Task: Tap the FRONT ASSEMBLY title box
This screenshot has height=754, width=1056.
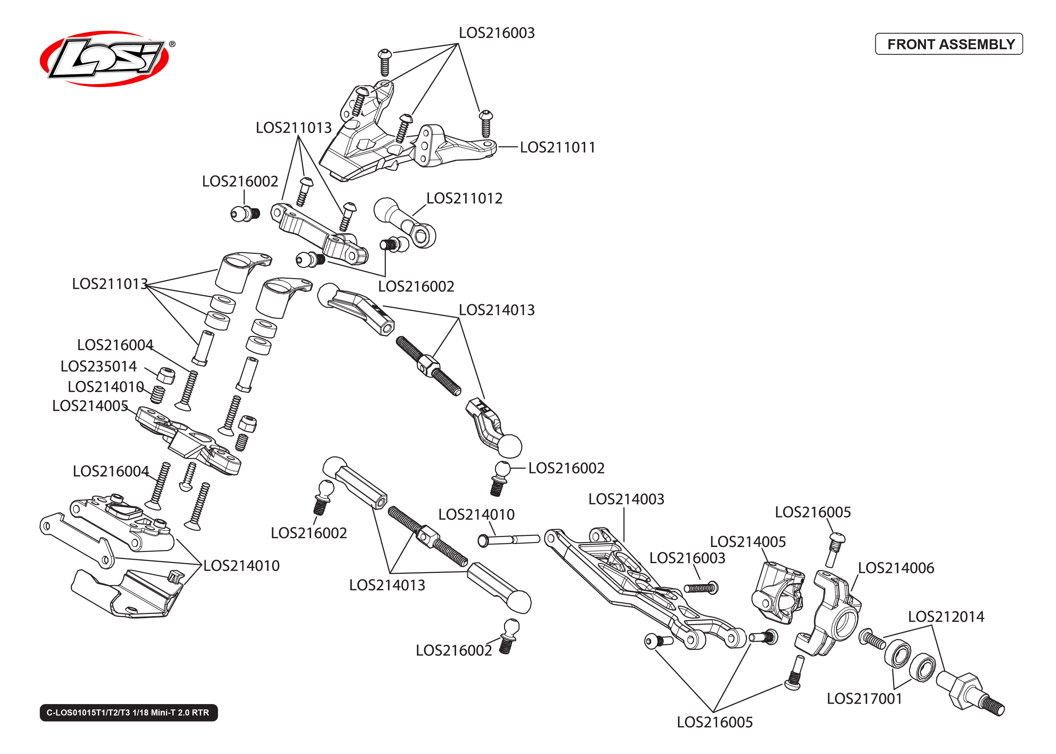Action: tap(948, 44)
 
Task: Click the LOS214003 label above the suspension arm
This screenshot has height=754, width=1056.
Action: tap(626, 499)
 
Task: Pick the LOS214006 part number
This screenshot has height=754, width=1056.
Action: tap(895, 568)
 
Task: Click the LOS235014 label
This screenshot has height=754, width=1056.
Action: tap(99, 366)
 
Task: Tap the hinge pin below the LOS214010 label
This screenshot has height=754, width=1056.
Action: tap(508, 540)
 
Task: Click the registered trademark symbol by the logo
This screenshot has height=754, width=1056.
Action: tap(172, 44)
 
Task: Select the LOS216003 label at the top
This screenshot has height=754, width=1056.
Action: tap(496, 33)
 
